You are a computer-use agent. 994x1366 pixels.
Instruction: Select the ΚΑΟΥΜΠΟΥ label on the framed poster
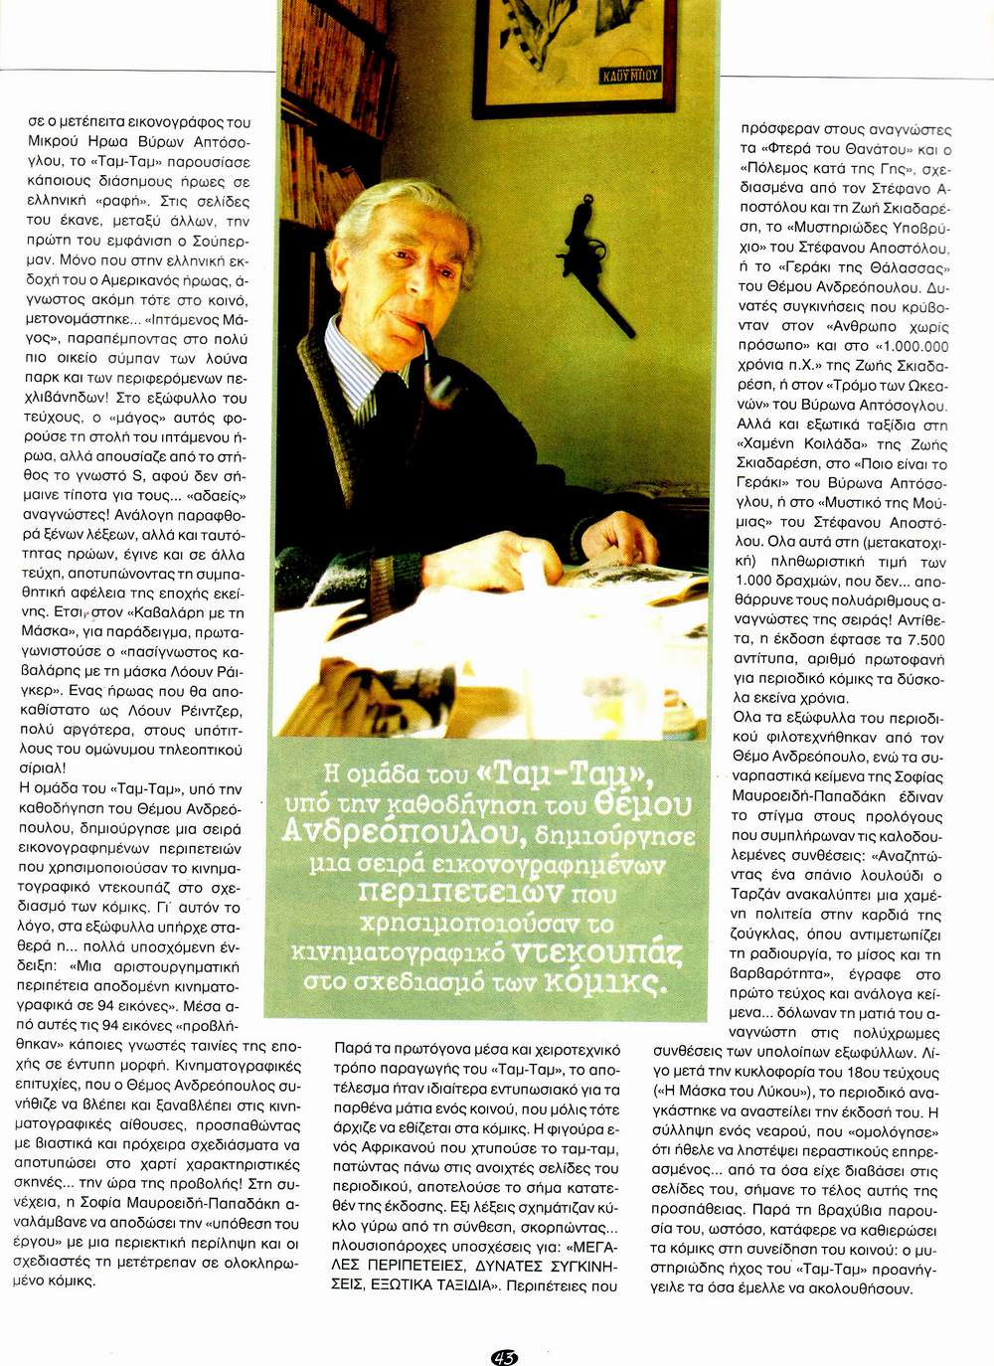coord(629,75)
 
